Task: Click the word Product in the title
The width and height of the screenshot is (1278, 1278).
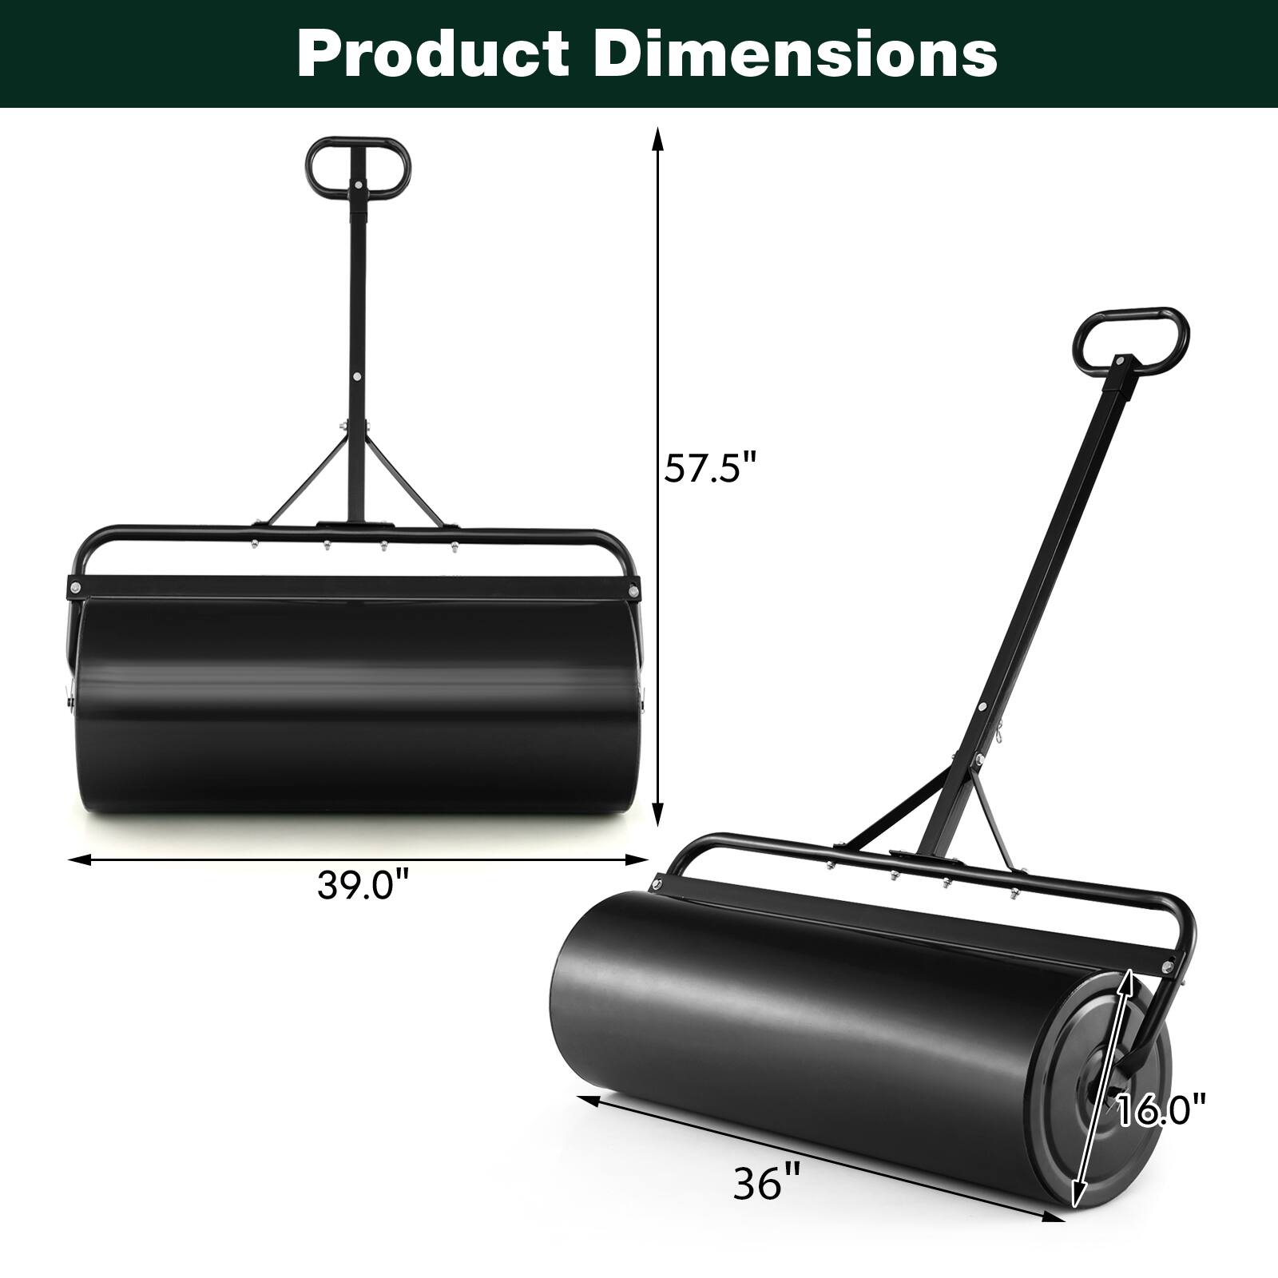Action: pyautogui.click(x=432, y=54)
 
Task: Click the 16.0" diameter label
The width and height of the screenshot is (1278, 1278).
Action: pyautogui.click(x=1160, y=1110)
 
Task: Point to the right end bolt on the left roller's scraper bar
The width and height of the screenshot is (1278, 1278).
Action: pyautogui.click(x=633, y=592)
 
